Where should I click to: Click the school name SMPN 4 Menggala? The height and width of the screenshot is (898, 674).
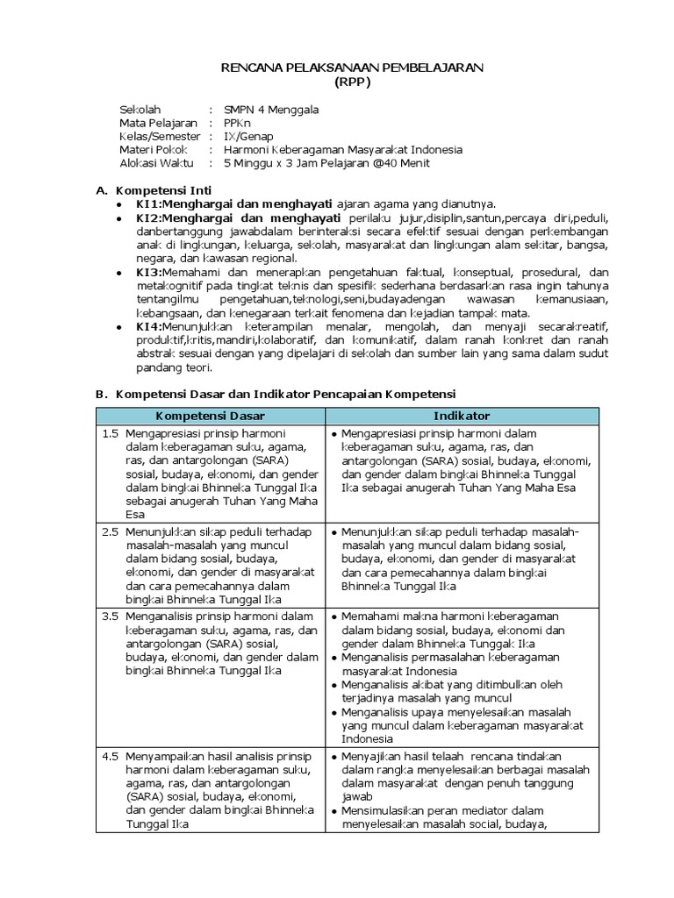click(x=271, y=110)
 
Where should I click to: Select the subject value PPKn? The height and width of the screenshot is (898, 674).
click(x=238, y=123)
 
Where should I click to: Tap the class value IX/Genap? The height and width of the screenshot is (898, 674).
click(x=247, y=136)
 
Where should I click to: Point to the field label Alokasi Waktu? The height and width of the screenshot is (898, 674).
click(x=156, y=162)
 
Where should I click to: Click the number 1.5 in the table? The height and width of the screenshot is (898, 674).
click(x=110, y=433)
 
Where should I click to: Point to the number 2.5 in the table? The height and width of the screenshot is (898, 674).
click(x=110, y=531)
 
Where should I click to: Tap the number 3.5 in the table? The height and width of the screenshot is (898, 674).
click(x=110, y=616)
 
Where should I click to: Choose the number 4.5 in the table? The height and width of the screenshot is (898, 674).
click(x=110, y=755)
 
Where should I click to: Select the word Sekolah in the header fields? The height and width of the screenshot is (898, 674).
click(x=140, y=110)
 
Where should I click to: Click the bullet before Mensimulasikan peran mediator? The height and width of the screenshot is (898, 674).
click(x=336, y=811)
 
